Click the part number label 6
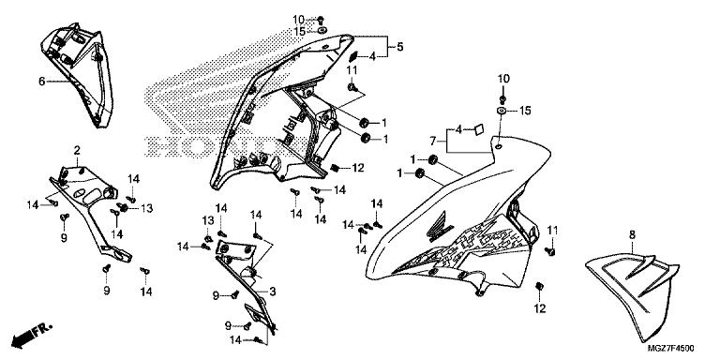42,82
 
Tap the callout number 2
77,150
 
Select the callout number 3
272,292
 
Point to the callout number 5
400,46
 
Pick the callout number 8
632,234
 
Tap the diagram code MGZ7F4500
671,349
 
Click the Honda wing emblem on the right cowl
440,227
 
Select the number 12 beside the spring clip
358,168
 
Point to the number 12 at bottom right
540,308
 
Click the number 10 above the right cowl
503,79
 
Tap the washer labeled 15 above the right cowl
502,111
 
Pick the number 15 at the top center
299,32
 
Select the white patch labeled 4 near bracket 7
479,130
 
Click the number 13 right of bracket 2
146,208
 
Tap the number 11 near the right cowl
552,230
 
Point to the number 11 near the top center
352,70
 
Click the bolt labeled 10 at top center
321,20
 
